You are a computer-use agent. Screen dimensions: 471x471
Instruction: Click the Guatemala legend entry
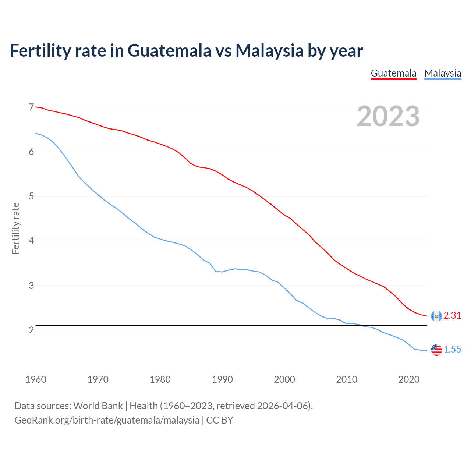pos(393,73)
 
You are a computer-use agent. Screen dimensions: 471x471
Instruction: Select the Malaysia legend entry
pos(443,73)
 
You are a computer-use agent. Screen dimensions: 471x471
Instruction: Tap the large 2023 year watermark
pos(388,116)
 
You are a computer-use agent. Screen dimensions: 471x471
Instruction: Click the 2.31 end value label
pos(452,315)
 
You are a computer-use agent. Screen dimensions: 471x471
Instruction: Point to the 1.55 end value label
pos(452,349)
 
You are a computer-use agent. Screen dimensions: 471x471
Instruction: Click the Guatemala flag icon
pos(436,316)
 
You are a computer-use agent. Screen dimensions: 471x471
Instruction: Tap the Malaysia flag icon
pos(436,350)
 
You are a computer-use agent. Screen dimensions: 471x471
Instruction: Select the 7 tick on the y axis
pos(31,107)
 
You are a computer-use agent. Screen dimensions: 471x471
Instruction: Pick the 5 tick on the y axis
pos(31,196)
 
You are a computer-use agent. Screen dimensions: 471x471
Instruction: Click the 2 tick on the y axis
pos(31,330)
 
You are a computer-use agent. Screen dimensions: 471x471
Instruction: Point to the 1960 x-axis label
pos(36,379)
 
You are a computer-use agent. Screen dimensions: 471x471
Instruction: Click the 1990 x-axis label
pos(222,379)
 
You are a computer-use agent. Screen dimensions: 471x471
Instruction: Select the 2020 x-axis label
pos(409,379)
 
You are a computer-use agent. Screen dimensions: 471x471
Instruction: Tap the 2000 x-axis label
pos(284,379)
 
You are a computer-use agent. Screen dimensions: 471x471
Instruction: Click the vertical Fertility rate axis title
pos(15,228)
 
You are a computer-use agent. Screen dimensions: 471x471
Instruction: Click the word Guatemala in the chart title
pos(169,50)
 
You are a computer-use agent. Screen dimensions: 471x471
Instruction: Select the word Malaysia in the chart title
pos(269,50)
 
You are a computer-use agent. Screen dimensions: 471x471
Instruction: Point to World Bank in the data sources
pos(98,406)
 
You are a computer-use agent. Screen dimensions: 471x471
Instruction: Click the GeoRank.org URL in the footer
pos(107,420)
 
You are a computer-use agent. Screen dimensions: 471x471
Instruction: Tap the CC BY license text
pos(220,420)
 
